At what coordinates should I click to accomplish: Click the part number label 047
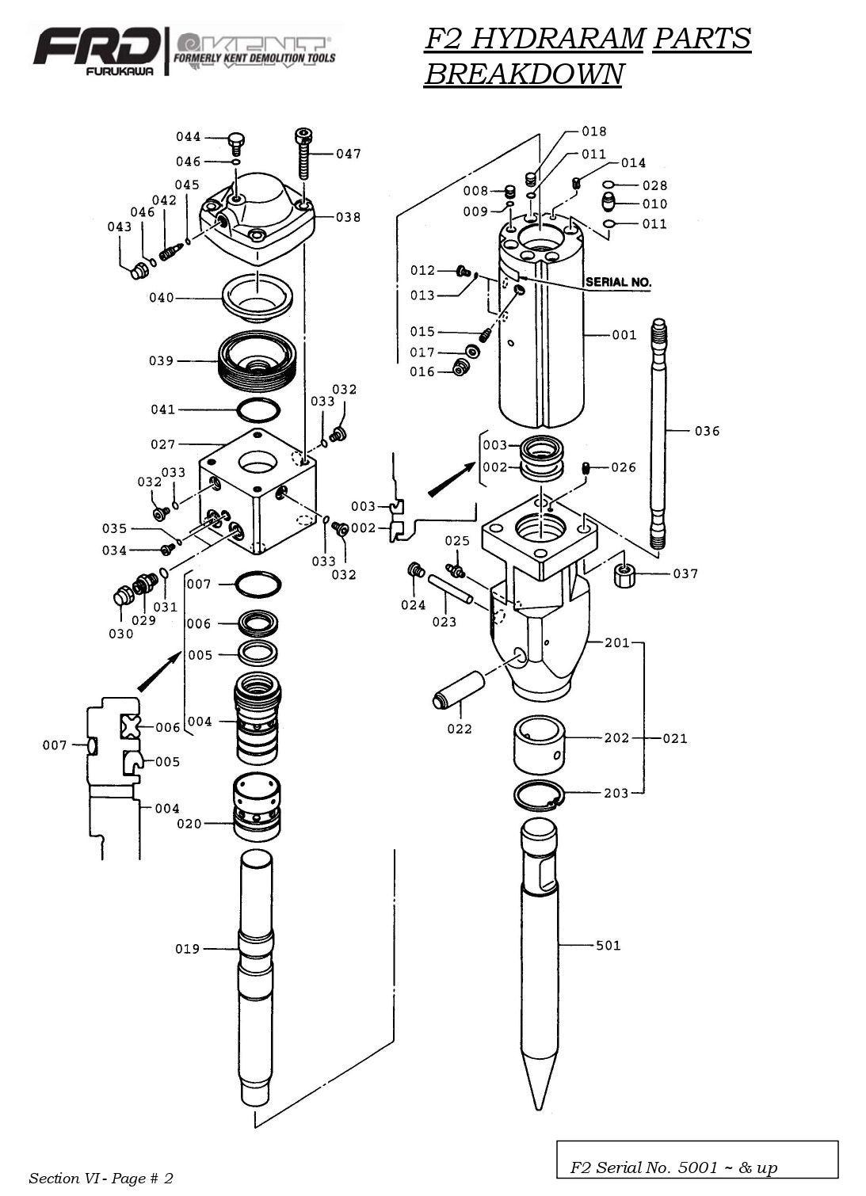pos(349,154)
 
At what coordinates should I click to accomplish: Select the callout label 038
pos(348,217)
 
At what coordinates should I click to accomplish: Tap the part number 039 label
pos(161,360)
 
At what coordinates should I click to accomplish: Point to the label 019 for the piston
pos(188,948)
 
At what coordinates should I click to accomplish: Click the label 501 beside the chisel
pos(608,945)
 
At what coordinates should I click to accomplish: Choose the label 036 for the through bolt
pos(707,431)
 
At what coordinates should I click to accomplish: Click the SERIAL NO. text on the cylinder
pos(618,282)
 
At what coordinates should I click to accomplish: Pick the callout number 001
pos(624,335)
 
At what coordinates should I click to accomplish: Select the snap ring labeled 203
pos(539,794)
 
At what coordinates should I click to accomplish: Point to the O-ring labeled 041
pos(259,410)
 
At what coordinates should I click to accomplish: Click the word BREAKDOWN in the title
pos(524,74)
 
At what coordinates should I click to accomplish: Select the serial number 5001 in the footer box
pos(697,1167)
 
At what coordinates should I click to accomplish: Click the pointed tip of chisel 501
pos(540,1105)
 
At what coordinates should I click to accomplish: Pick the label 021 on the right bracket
pos(675,738)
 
